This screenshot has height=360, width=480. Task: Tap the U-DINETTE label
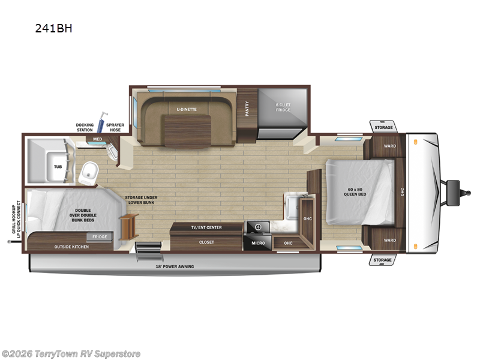click(187, 109)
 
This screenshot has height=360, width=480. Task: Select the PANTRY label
click(247, 108)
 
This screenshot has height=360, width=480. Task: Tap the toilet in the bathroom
click(91, 172)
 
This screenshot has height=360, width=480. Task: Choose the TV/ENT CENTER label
click(206, 227)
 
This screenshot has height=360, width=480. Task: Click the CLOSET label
click(206, 242)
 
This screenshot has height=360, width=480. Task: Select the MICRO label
click(258, 243)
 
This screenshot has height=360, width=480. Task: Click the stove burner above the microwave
click(259, 227)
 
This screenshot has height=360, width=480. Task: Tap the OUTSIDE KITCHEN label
click(71, 247)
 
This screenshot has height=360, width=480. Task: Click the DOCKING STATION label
click(85, 127)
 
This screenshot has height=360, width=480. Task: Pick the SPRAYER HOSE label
click(115, 127)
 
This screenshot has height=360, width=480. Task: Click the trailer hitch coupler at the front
click(454, 187)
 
